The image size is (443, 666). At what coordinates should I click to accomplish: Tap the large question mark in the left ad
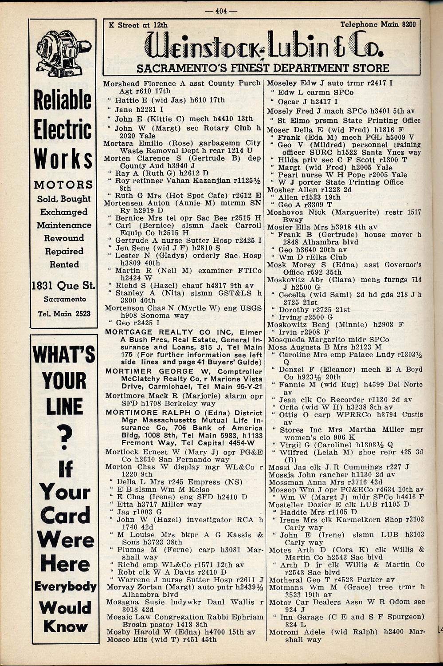point(65,437)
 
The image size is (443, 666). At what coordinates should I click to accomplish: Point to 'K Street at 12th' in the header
point(138,25)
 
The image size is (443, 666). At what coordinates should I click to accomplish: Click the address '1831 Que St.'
point(63,286)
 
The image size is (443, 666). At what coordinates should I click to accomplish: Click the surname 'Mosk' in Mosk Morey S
point(276,265)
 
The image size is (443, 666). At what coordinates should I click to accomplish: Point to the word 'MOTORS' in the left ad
point(63,184)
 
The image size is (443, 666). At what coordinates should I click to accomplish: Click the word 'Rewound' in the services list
point(64,238)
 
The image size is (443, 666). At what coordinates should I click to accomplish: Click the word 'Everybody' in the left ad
point(65,587)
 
